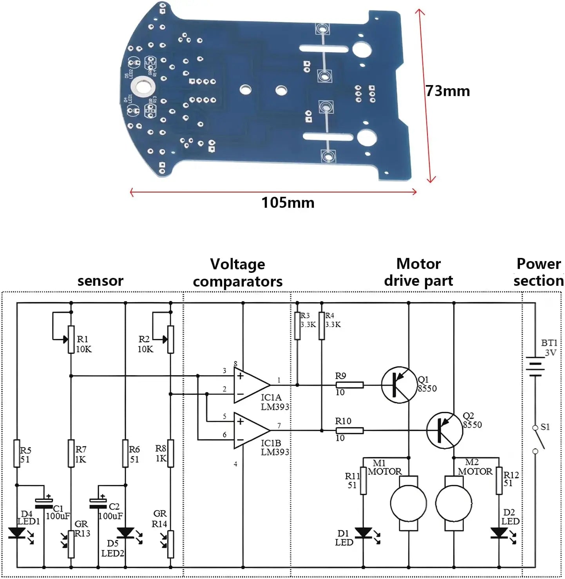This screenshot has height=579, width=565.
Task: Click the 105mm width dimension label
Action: coord(288,203)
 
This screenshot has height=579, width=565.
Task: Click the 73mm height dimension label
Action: coord(448,91)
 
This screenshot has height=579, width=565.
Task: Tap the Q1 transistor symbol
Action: coord(399,385)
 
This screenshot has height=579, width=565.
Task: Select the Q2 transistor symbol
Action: coord(444,430)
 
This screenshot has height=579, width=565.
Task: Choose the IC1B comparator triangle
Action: coord(251,430)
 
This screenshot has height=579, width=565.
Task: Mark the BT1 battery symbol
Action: coord(535,367)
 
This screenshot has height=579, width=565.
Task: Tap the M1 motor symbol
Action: coord(409,503)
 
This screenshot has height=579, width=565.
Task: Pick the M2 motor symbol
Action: coord(454,503)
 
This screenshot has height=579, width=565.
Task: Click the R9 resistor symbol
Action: coord(350,385)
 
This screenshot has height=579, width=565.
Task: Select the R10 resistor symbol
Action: coord(350,430)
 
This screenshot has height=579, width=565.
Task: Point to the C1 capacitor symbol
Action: coord(43,503)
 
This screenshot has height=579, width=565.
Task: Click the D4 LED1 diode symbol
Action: coord(17,533)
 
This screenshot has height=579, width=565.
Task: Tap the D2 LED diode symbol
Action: coord(499,533)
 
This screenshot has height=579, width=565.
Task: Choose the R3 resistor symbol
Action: coord(297,325)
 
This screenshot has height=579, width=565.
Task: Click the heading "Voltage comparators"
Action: coord(237,273)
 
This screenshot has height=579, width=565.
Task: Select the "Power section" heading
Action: coord(538,272)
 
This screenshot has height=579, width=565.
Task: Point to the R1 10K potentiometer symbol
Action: coord(71,339)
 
